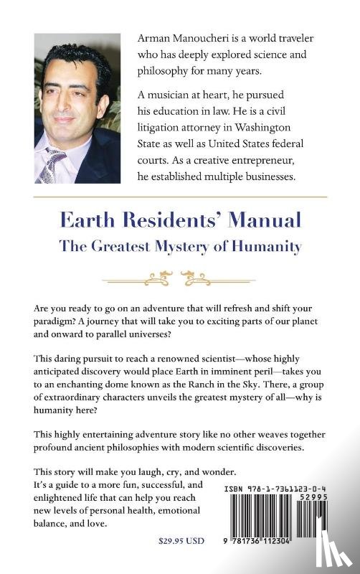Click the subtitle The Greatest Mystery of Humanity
(x=180, y=246)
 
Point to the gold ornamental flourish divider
(x=180, y=276)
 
